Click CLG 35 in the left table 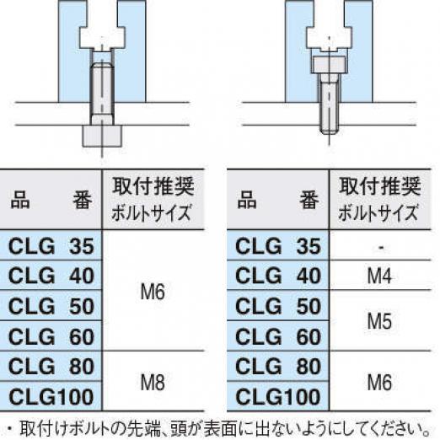click(51, 246)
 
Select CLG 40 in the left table click(51, 276)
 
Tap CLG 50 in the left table click(51, 306)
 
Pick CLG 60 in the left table click(51, 336)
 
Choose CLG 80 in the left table click(51, 367)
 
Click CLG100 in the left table click(51, 397)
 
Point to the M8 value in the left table click(153, 382)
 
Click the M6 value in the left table click(153, 292)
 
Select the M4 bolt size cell click(379, 276)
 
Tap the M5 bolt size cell click(379, 321)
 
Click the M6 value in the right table click(379, 382)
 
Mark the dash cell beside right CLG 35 click(381, 247)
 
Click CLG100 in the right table click(278, 397)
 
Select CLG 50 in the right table click(278, 306)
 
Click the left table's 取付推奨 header click(153, 186)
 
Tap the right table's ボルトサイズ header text click(378, 212)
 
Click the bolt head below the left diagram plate click(102, 136)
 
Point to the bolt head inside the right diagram click(329, 65)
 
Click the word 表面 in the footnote click(221, 428)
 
